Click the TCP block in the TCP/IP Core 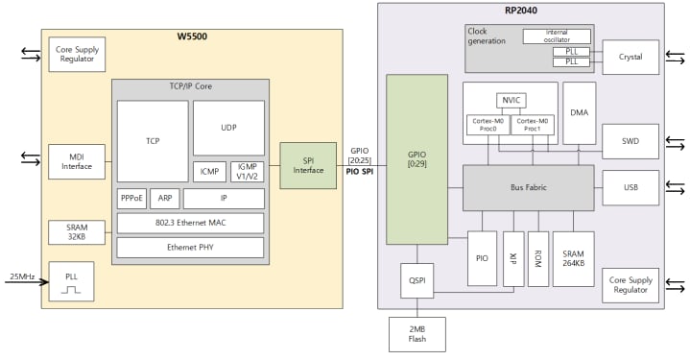click(x=153, y=140)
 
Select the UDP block click(x=228, y=128)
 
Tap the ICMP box click(x=209, y=172)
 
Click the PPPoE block click(x=132, y=199)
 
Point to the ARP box click(x=164, y=199)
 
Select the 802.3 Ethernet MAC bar click(x=190, y=224)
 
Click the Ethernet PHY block click(x=190, y=247)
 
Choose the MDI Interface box click(x=77, y=161)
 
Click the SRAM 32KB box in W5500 click(x=77, y=232)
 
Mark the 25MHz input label click(x=21, y=276)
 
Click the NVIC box click(x=511, y=100)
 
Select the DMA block click(x=579, y=112)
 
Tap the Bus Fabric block click(x=529, y=188)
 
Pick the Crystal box click(x=631, y=58)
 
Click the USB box click(x=631, y=188)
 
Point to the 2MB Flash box click(x=416, y=335)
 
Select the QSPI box click(x=416, y=280)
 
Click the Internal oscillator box click(x=557, y=36)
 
